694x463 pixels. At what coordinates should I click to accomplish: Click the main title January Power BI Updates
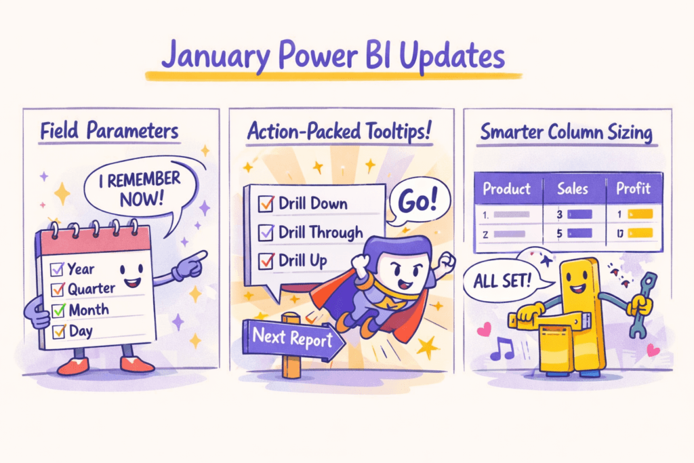[x=333, y=58]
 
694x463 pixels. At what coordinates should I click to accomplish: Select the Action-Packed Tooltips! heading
[x=339, y=131]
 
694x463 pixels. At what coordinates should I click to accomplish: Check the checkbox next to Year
[x=57, y=269]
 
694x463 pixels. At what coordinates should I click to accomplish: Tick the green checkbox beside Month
[x=58, y=310]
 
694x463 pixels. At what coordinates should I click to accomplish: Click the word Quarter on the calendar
[x=91, y=289]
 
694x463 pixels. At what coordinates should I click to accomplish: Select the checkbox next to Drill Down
[x=266, y=203]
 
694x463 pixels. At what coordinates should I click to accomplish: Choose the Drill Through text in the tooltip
[x=321, y=233]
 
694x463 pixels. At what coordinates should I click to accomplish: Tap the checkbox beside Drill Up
[x=266, y=261]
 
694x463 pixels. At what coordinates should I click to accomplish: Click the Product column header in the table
[x=506, y=188]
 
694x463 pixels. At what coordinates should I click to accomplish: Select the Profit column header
[x=632, y=188]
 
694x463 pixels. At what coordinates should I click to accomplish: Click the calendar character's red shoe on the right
[x=137, y=365]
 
